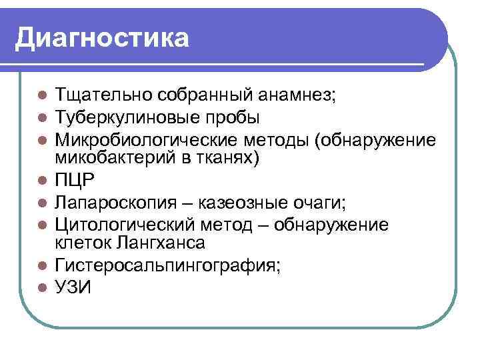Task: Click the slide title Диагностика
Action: (x=102, y=37)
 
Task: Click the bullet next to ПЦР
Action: (x=41, y=180)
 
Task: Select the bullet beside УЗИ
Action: (x=41, y=287)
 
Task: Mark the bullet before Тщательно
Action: (x=41, y=95)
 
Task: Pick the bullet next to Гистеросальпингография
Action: (x=41, y=265)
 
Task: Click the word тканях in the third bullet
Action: (x=229, y=159)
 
